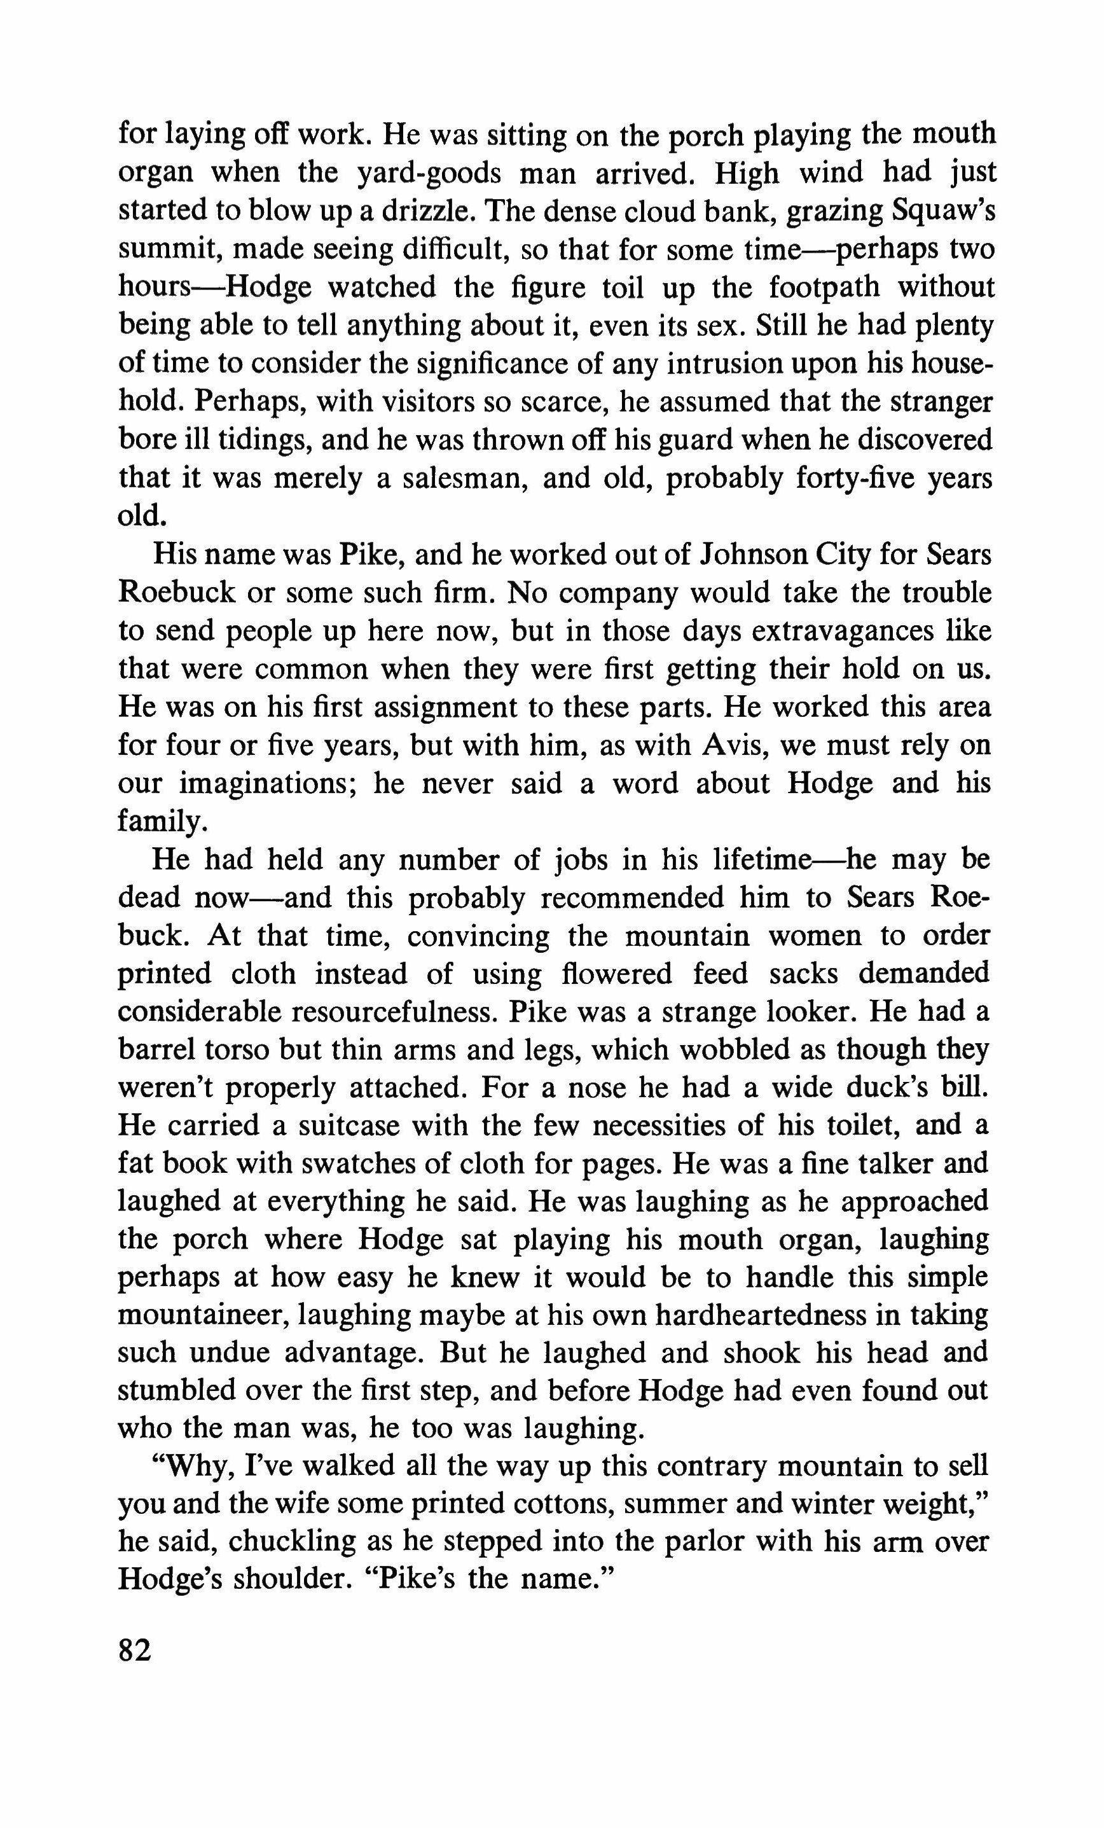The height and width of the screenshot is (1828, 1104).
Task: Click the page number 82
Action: (135, 1652)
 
